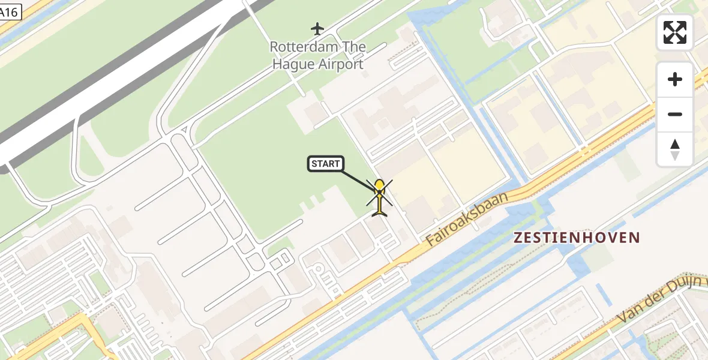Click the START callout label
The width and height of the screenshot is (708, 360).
click(x=326, y=164)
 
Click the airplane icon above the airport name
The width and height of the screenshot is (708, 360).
click(x=317, y=28)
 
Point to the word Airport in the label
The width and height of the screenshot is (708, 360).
click(x=341, y=64)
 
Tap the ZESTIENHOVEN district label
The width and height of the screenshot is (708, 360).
click(x=577, y=238)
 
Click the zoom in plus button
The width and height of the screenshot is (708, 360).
click(x=675, y=79)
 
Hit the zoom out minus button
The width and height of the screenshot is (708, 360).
click(x=675, y=114)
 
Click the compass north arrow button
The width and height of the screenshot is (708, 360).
click(x=675, y=149)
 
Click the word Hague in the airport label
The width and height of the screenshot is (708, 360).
click(x=294, y=64)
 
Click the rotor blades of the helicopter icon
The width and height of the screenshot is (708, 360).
click(x=380, y=193)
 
